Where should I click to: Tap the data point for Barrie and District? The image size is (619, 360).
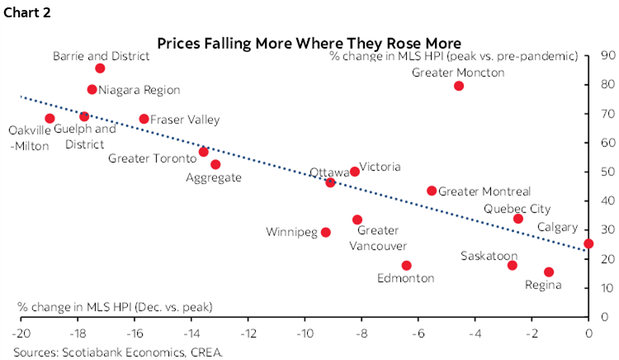tap(100, 69)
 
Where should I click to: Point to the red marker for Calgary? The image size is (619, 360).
tap(588, 244)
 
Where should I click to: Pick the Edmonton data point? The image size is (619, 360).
tap(406, 265)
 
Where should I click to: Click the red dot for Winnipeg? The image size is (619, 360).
tap(326, 232)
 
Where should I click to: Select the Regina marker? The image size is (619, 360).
tap(549, 272)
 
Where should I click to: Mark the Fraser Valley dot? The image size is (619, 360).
tap(144, 119)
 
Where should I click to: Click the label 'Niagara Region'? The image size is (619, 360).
tap(139, 89)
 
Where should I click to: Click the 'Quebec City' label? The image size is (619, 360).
tap(517, 209)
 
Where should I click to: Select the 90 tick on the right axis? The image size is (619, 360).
tap(606, 55)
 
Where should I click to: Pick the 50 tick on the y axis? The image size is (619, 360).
tap(606, 172)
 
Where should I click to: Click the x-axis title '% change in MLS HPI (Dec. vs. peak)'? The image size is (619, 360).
tap(115, 307)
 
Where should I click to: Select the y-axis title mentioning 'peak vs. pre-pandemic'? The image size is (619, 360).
tap(453, 56)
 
